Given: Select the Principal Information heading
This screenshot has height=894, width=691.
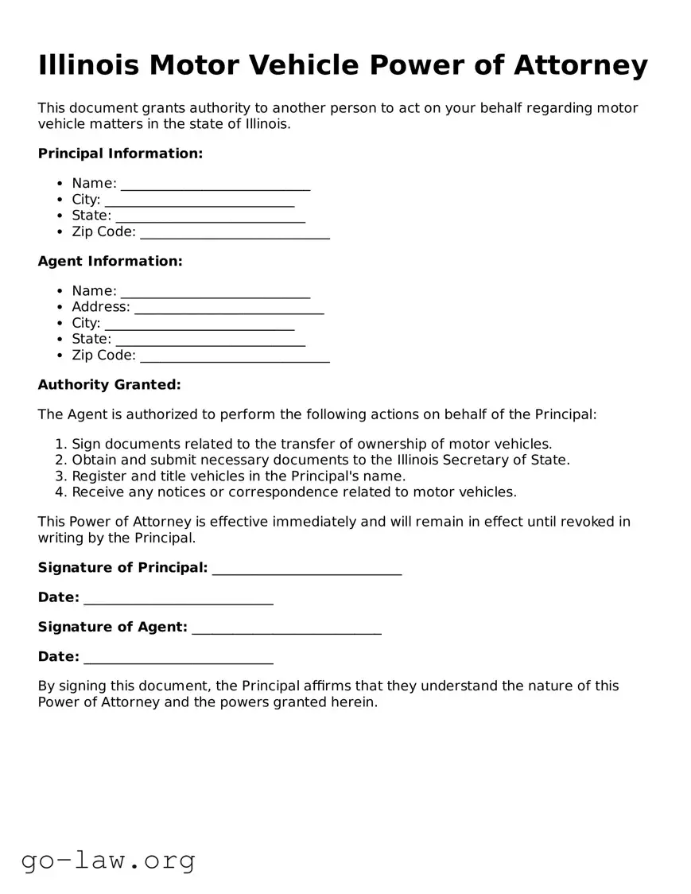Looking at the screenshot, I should point(120,154).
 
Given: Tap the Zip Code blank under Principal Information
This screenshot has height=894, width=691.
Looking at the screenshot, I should point(235,233).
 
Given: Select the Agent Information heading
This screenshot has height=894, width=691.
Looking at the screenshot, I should point(110,261).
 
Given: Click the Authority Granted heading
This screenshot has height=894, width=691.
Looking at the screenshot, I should point(109,385).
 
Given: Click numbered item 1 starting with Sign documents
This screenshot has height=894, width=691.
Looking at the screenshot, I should point(312,444).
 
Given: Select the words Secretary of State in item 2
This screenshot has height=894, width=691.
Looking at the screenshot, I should point(514,460).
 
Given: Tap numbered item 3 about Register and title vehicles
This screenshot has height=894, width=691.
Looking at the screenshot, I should point(239,476).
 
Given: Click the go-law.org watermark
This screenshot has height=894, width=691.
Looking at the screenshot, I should point(108,860).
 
